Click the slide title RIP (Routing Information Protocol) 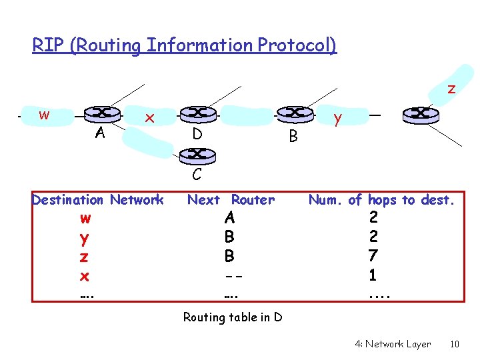tap(185, 45)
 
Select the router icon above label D tap(197, 114)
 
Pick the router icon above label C tap(197, 155)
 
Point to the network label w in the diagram tap(44, 115)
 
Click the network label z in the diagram tap(451, 88)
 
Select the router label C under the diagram tap(197, 175)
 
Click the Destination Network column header tap(97, 199)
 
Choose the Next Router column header tap(231, 199)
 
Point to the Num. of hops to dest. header tap(381, 199)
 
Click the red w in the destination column tap(85, 218)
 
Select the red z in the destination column tap(85, 257)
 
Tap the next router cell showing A tap(229, 218)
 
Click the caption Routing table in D tap(233, 317)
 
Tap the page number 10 tap(455, 344)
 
